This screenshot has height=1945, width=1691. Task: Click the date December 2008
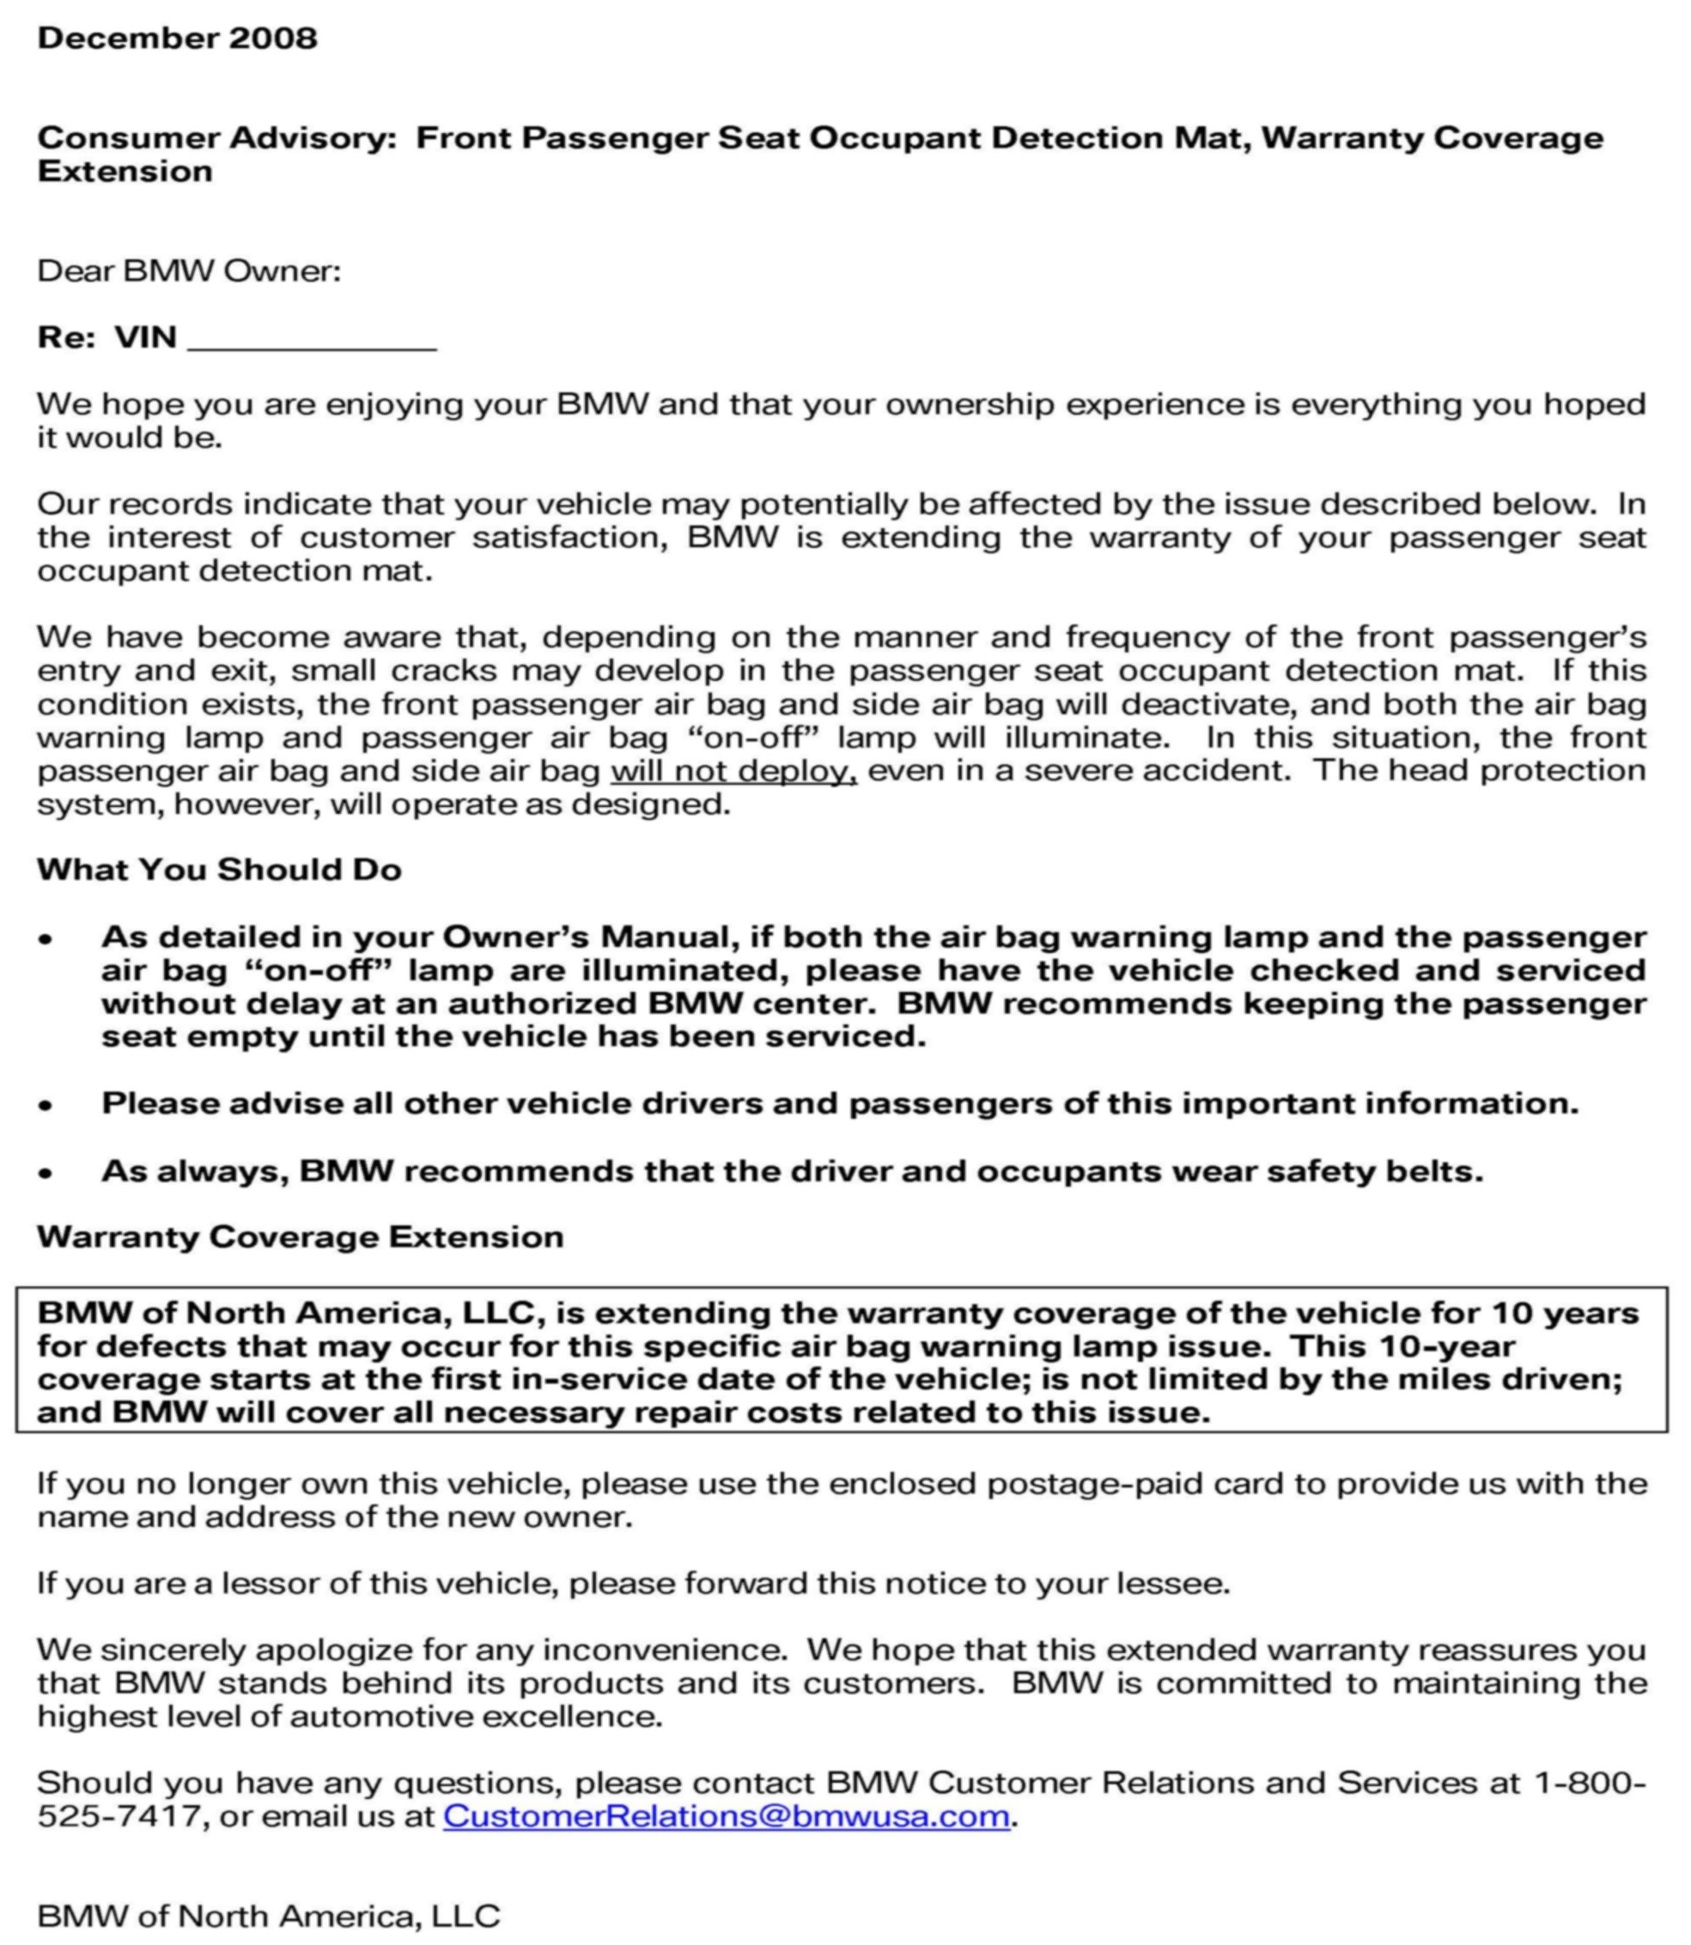tap(178, 38)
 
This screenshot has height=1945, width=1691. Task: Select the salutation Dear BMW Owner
tap(189, 270)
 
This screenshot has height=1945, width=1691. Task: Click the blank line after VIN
tap(313, 340)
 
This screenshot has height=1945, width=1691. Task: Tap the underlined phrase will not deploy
tap(733, 771)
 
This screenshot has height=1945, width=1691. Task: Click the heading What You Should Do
tap(219, 869)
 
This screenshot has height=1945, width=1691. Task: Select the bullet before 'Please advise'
tap(46, 1105)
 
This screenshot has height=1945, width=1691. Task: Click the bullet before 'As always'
tap(46, 1173)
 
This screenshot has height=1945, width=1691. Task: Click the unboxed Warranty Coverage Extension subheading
tap(300, 1237)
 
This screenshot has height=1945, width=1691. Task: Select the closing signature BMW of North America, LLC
tap(268, 1916)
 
